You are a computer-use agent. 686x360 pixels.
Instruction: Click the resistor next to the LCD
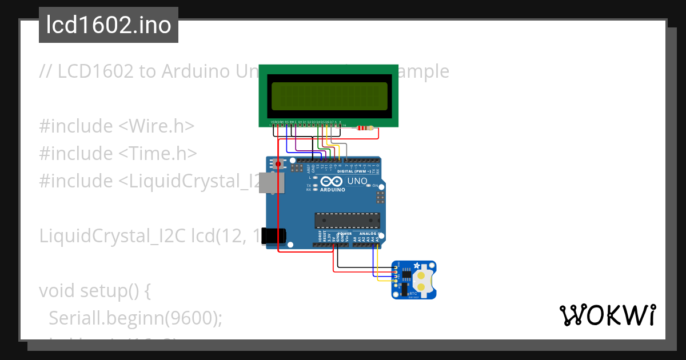364,128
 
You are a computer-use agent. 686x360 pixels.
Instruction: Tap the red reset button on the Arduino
278,165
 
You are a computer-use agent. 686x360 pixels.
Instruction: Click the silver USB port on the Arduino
266,182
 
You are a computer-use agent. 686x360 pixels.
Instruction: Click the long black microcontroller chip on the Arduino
347,220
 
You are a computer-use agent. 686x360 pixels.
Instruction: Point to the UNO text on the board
357,181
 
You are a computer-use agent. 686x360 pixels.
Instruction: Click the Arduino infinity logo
332,182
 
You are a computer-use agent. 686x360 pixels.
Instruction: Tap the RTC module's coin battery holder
421,279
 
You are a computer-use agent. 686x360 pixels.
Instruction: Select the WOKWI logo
607,315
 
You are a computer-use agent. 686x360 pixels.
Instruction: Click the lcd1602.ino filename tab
109,25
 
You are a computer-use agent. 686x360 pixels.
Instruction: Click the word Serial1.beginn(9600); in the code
135,318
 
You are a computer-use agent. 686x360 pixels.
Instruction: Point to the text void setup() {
94,291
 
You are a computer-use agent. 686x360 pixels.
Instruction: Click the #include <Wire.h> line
117,126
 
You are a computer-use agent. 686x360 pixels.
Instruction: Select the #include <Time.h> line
118,153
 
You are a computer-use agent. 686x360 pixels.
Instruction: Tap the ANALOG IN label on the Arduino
370,234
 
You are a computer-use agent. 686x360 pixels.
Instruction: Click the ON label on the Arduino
376,186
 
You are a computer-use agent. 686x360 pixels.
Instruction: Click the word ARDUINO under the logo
333,190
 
